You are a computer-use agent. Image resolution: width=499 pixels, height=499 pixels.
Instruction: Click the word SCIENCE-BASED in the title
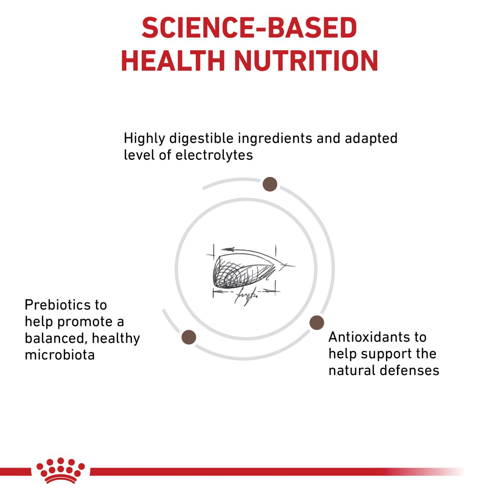pyautogui.click(x=249, y=28)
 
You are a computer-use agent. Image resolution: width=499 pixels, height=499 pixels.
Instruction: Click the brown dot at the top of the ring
pyautogui.click(x=270, y=184)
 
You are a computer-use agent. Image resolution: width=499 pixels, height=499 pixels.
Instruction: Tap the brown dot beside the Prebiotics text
pyautogui.click(x=189, y=337)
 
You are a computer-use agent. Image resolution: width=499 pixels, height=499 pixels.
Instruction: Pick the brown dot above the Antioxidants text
pyautogui.click(x=317, y=323)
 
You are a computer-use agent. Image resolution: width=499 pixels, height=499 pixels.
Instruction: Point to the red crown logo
pyautogui.click(x=60, y=476)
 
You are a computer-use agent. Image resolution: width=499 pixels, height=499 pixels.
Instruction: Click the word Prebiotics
pyautogui.click(x=66, y=305)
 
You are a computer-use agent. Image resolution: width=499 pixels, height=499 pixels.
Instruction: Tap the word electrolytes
pyautogui.click(x=214, y=155)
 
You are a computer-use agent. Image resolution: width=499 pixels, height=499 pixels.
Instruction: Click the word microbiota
pyautogui.click(x=60, y=355)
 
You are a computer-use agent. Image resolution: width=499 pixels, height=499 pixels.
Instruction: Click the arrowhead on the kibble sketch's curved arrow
pyautogui.click(x=228, y=249)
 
